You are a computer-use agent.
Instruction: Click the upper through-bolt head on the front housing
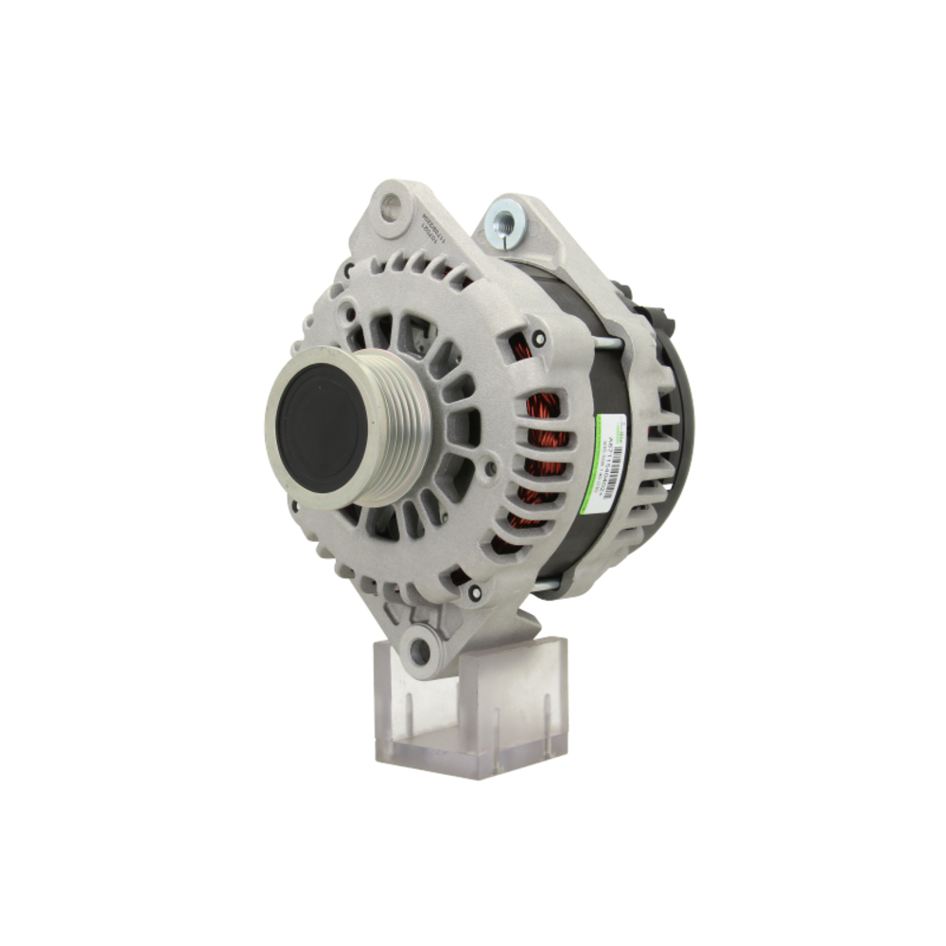point(538,338)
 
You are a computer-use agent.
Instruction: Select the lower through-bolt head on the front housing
point(475,592)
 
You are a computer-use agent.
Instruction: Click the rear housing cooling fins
point(662,445)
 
